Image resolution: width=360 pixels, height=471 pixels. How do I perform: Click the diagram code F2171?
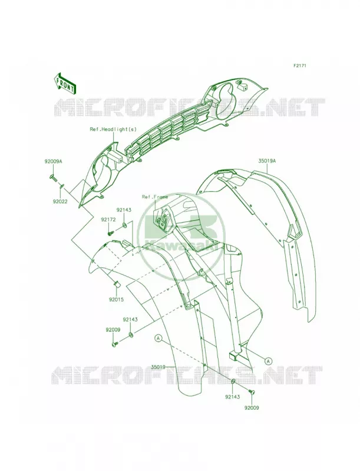(300, 65)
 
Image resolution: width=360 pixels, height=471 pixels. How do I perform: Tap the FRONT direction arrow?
(65, 83)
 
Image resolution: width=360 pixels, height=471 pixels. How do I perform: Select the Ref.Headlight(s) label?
(113, 129)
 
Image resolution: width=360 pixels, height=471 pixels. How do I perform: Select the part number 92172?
(108, 220)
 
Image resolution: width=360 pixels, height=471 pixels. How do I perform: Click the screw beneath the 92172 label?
(111, 233)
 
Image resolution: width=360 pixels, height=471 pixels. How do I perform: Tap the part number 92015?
(116, 300)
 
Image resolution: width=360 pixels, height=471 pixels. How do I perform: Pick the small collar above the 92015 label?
(117, 283)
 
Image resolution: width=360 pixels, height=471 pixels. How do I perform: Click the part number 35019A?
(267, 161)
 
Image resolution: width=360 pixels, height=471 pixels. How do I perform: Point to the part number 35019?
(158, 367)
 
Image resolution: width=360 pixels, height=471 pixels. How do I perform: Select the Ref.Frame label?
(155, 197)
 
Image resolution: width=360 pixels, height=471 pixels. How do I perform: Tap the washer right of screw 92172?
(124, 225)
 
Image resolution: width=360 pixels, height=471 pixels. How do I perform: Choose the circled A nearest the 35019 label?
(158, 338)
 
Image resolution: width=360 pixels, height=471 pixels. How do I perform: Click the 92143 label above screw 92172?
(124, 210)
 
